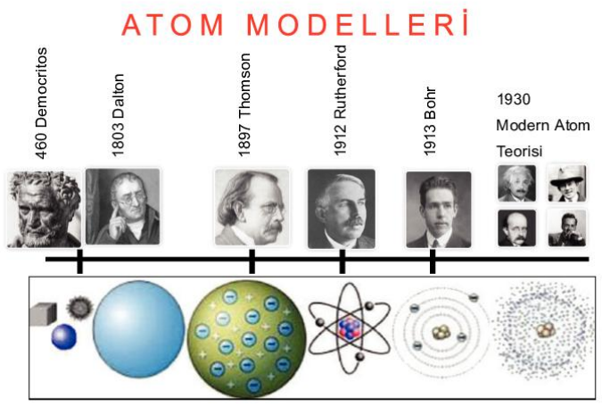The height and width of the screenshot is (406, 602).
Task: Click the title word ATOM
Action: click(173, 25)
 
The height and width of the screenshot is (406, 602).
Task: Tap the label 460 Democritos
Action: click(41, 103)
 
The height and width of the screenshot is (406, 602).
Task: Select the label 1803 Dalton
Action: click(118, 115)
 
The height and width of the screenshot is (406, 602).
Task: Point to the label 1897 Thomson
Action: click(244, 105)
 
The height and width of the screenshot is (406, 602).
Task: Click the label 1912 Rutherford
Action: click(340, 100)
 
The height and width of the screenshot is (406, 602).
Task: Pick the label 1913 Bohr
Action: click(430, 121)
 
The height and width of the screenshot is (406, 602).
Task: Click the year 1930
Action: click(514, 99)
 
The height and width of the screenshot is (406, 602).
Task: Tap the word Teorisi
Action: click(519, 151)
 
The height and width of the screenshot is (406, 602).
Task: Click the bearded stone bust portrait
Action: click(45, 209)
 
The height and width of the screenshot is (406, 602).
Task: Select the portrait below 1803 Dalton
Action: click(122, 206)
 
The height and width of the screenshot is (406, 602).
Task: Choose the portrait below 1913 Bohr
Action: click(439, 210)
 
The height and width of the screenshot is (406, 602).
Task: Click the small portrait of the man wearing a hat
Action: click(566, 183)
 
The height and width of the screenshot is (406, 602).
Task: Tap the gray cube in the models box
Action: click(43, 314)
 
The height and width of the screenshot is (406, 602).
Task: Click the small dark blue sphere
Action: click(63, 337)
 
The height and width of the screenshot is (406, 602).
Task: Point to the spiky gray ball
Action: click(80, 307)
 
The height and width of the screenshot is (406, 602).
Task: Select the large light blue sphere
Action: click(139, 328)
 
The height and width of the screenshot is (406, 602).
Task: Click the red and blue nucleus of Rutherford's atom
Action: click(349, 328)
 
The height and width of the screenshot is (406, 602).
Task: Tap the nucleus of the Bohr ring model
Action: click(441, 332)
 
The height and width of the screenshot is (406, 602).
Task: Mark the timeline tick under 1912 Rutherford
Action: click(342, 261)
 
